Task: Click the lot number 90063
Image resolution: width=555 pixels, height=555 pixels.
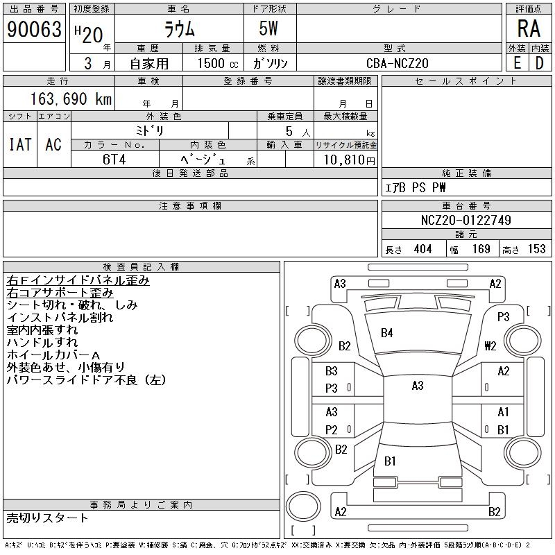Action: (x=34, y=30)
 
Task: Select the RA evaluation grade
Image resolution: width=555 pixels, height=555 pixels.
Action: (x=529, y=30)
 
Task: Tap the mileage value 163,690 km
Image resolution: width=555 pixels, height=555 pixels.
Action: (x=70, y=99)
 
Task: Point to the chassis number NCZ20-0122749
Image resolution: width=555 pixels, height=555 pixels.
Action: (x=466, y=220)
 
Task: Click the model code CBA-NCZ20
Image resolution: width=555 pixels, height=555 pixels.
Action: (x=398, y=63)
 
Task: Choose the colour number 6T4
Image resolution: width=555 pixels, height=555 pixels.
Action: (x=114, y=158)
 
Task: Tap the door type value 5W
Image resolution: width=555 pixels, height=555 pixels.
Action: (x=270, y=30)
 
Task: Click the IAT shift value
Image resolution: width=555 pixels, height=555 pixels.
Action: (x=19, y=144)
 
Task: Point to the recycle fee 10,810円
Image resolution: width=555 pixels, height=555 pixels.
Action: (x=345, y=160)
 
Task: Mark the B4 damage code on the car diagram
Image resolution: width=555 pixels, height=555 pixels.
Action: (x=387, y=333)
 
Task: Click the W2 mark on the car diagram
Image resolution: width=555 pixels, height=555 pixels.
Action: (x=490, y=345)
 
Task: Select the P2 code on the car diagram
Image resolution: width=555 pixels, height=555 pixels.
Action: (x=332, y=429)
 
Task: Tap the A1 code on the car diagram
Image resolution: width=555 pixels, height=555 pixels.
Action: (x=503, y=412)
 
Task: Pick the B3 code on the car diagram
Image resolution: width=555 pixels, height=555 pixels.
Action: (x=332, y=371)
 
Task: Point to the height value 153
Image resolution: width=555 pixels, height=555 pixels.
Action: (x=536, y=249)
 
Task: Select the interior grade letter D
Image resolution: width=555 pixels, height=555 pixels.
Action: (x=539, y=63)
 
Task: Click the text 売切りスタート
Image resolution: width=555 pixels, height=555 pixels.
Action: (x=48, y=518)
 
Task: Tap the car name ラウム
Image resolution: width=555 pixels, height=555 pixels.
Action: (x=179, y=30)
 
